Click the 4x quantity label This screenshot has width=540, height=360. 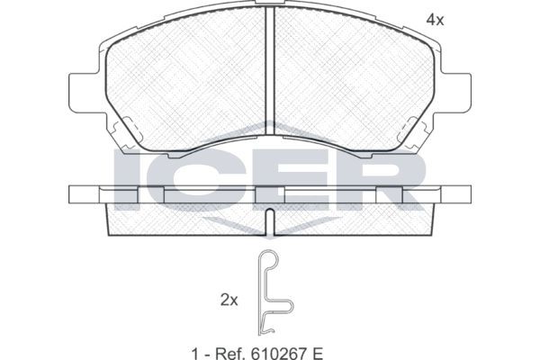coord(435,21)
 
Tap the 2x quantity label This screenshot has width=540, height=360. coord(229,301)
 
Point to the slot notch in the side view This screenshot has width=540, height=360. coord(270,222)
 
